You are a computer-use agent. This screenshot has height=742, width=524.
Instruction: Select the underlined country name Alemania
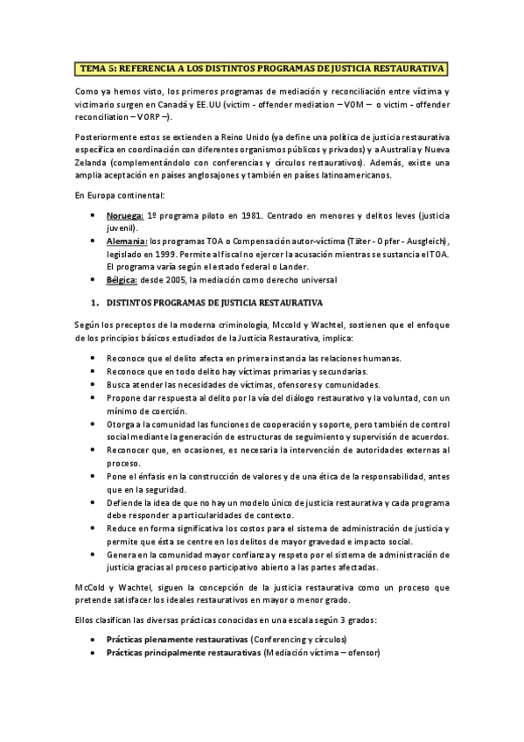click(x=128, y=241)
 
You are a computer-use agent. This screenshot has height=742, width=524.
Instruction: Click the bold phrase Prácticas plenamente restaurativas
click(x=177, y=640)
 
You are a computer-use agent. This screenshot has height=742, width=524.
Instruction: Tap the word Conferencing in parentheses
click(x=279, y=640)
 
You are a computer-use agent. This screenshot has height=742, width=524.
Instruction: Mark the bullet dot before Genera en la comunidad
click(x=94, y=555)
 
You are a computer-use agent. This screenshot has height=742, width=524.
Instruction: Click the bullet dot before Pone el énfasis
click(x=94, y=476)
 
